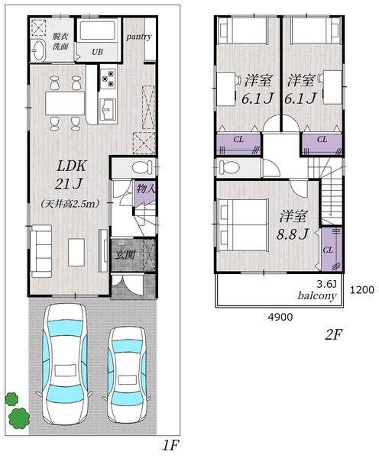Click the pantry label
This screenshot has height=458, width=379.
[x=139, y=37]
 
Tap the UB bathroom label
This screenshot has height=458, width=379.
[x=97, y=52]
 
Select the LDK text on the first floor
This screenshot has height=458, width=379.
[x=71, y=166]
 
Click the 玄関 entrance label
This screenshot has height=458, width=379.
[x=125, y=255]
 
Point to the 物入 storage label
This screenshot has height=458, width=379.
[x=145, y=189]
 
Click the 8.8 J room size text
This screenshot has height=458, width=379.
[x=293, y=234]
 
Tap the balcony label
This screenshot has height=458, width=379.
[x=317, y=296]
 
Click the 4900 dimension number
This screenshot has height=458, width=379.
[x=280, y=317]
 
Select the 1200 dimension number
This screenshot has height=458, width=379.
[x=362, y=290]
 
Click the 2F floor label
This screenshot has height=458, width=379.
[x=333, y=335]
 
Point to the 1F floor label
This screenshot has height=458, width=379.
[x=170, y=446]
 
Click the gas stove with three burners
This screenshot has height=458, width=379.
[x=108, y=78]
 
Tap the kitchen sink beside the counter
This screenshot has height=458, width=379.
[x=108, y=109]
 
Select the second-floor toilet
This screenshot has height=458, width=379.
[x=229, y=168]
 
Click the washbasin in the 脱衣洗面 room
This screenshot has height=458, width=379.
[x=38, y=50]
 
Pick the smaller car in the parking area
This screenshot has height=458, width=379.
[x=127, y=374]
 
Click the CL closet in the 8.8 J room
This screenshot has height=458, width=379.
[x=332, y=249]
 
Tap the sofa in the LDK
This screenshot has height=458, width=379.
[x=41, y=251]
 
